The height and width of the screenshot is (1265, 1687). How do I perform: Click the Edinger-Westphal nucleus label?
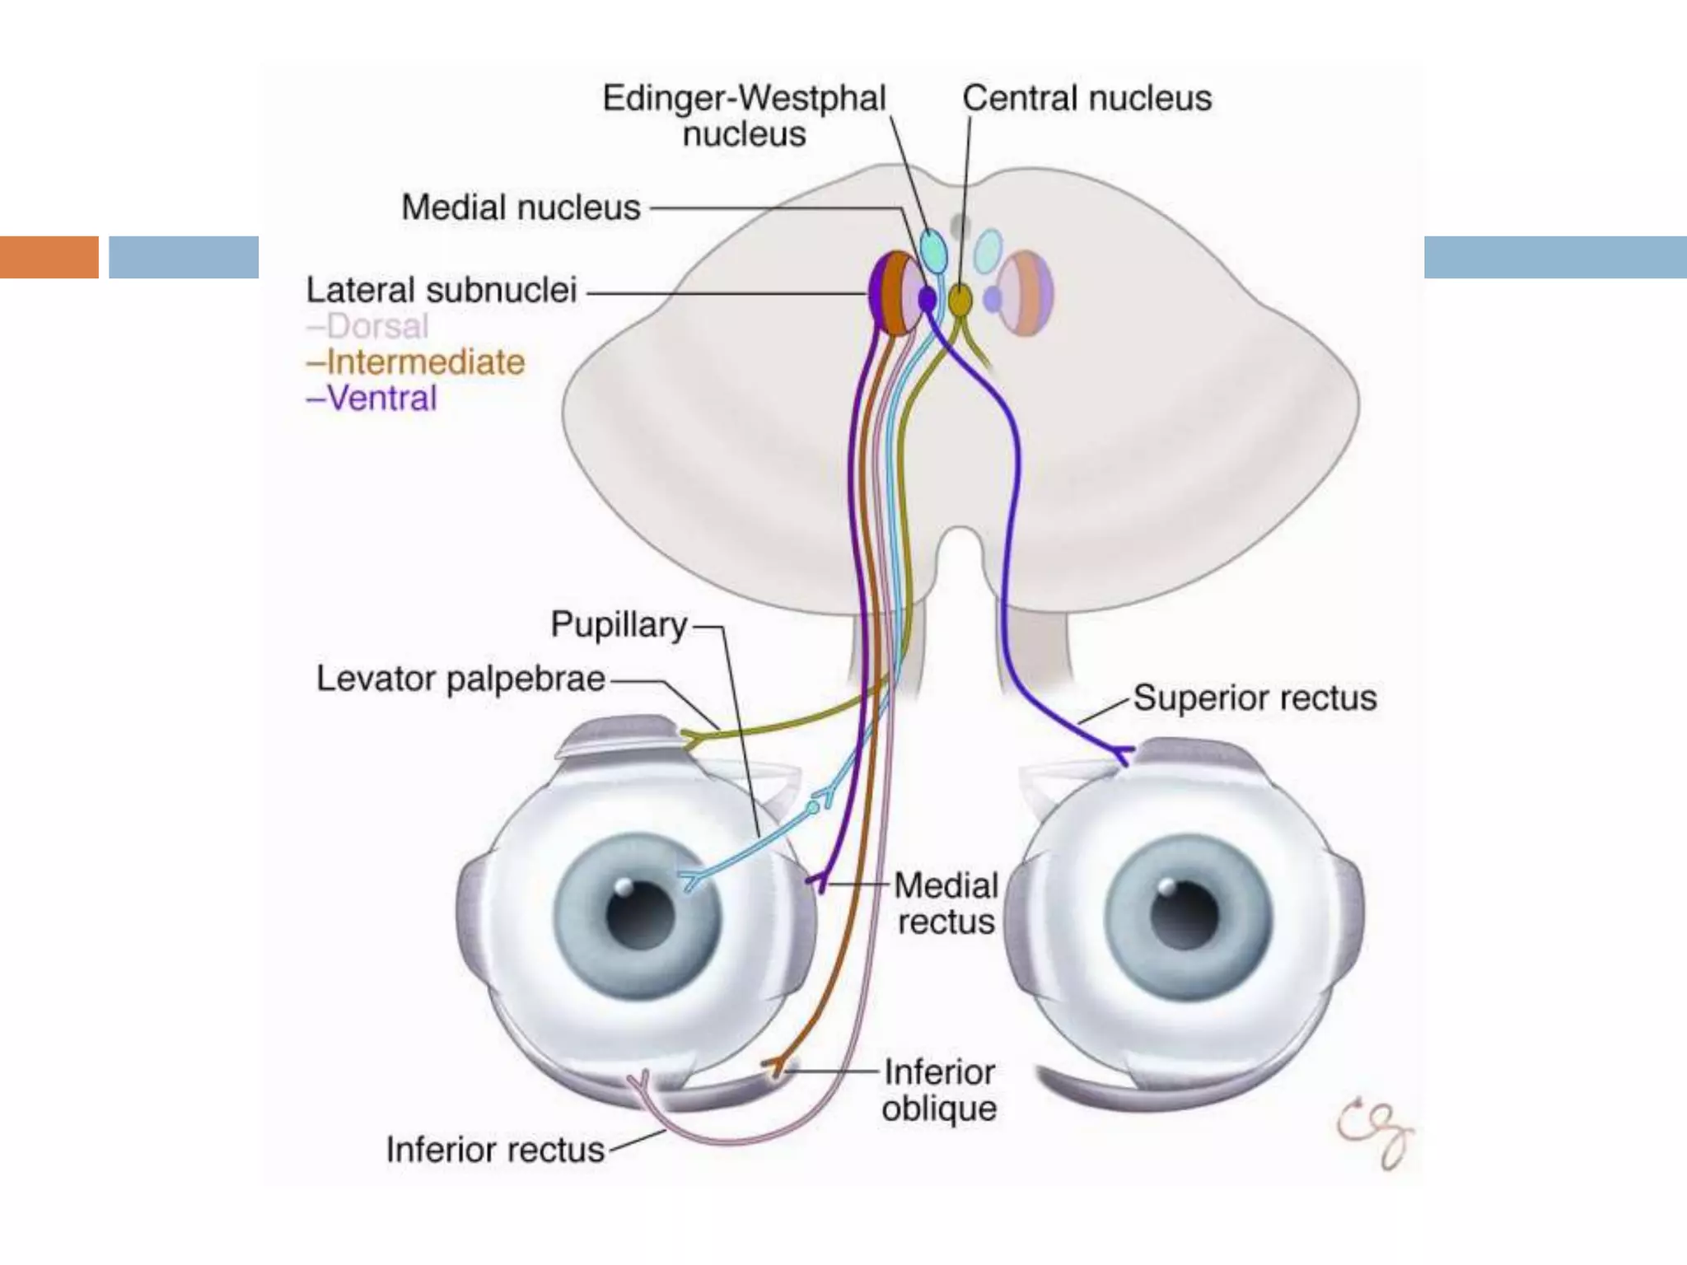coord(744,116)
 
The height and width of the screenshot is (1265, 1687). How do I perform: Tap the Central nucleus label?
coord(1087,98)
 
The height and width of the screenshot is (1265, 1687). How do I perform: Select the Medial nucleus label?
coord(521,208)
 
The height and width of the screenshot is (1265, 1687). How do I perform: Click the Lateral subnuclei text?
coord(442,291)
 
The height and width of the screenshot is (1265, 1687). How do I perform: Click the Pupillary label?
coord(618,625)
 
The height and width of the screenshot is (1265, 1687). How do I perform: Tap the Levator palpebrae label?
coord(460,679)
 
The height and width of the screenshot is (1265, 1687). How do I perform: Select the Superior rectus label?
coord(1254,698)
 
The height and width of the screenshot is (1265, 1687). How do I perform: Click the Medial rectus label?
coord(946,903)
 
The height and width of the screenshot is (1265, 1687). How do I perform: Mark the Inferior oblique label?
coord(939,1090)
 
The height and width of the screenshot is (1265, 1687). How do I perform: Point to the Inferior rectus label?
coord(495,1150)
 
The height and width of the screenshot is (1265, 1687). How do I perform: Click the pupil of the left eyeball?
coord(640,915)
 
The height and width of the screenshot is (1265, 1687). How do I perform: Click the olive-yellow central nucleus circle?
coord(960,301)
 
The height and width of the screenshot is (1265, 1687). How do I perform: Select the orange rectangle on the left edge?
coord(49,257)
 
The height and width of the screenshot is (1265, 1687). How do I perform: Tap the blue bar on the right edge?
coord(1555,257)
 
